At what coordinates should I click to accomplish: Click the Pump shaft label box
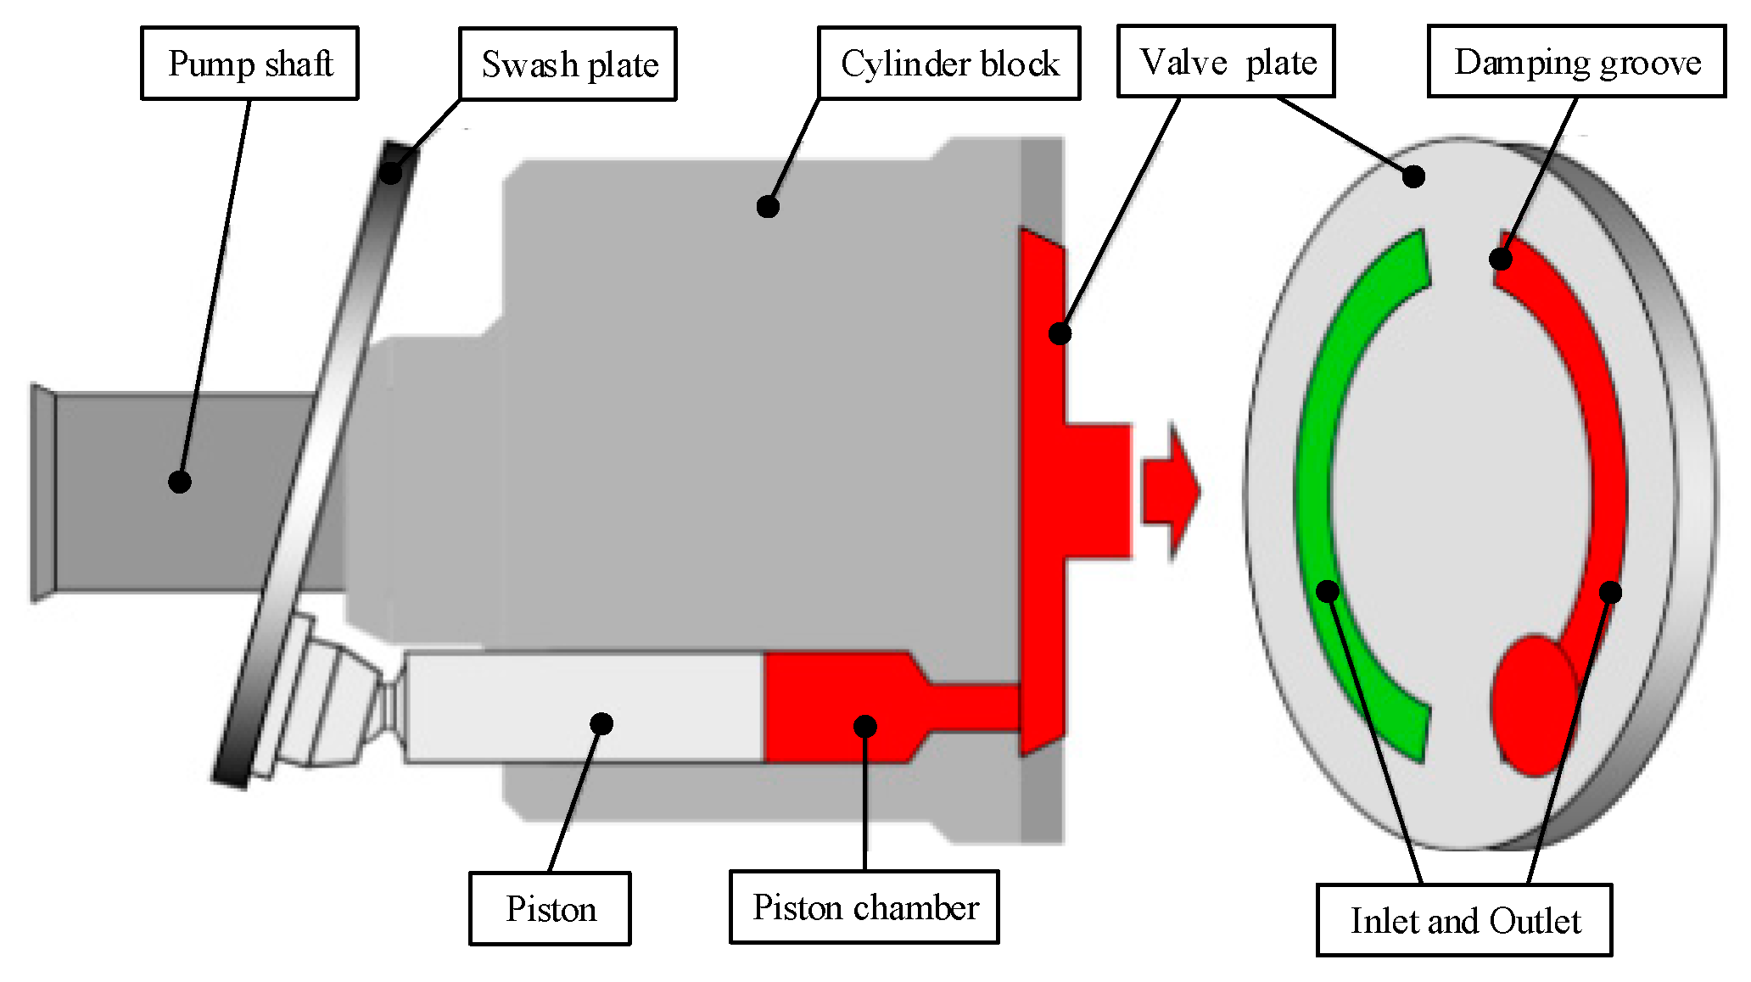point(249,64)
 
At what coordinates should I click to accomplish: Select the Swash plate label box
point(568,64)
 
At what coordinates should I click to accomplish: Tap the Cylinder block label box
point(948,64)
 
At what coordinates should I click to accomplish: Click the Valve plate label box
point(1226,62)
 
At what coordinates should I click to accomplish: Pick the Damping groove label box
point(1576,62)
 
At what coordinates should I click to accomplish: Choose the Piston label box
point(550,908)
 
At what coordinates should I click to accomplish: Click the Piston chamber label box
point(864,907)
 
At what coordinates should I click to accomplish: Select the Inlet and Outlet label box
point(1464,920)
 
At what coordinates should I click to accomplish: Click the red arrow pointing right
point(1171,492)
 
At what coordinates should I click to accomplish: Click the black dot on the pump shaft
point(179,482)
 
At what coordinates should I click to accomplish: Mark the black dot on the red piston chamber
point(864,726)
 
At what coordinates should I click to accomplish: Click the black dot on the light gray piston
point(601,723)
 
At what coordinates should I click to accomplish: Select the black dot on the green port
point(1328,590)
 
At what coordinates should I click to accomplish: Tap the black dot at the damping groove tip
point(1501,259)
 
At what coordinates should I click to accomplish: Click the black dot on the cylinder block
point(768,206)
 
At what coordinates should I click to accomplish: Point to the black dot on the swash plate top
point(390,172)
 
